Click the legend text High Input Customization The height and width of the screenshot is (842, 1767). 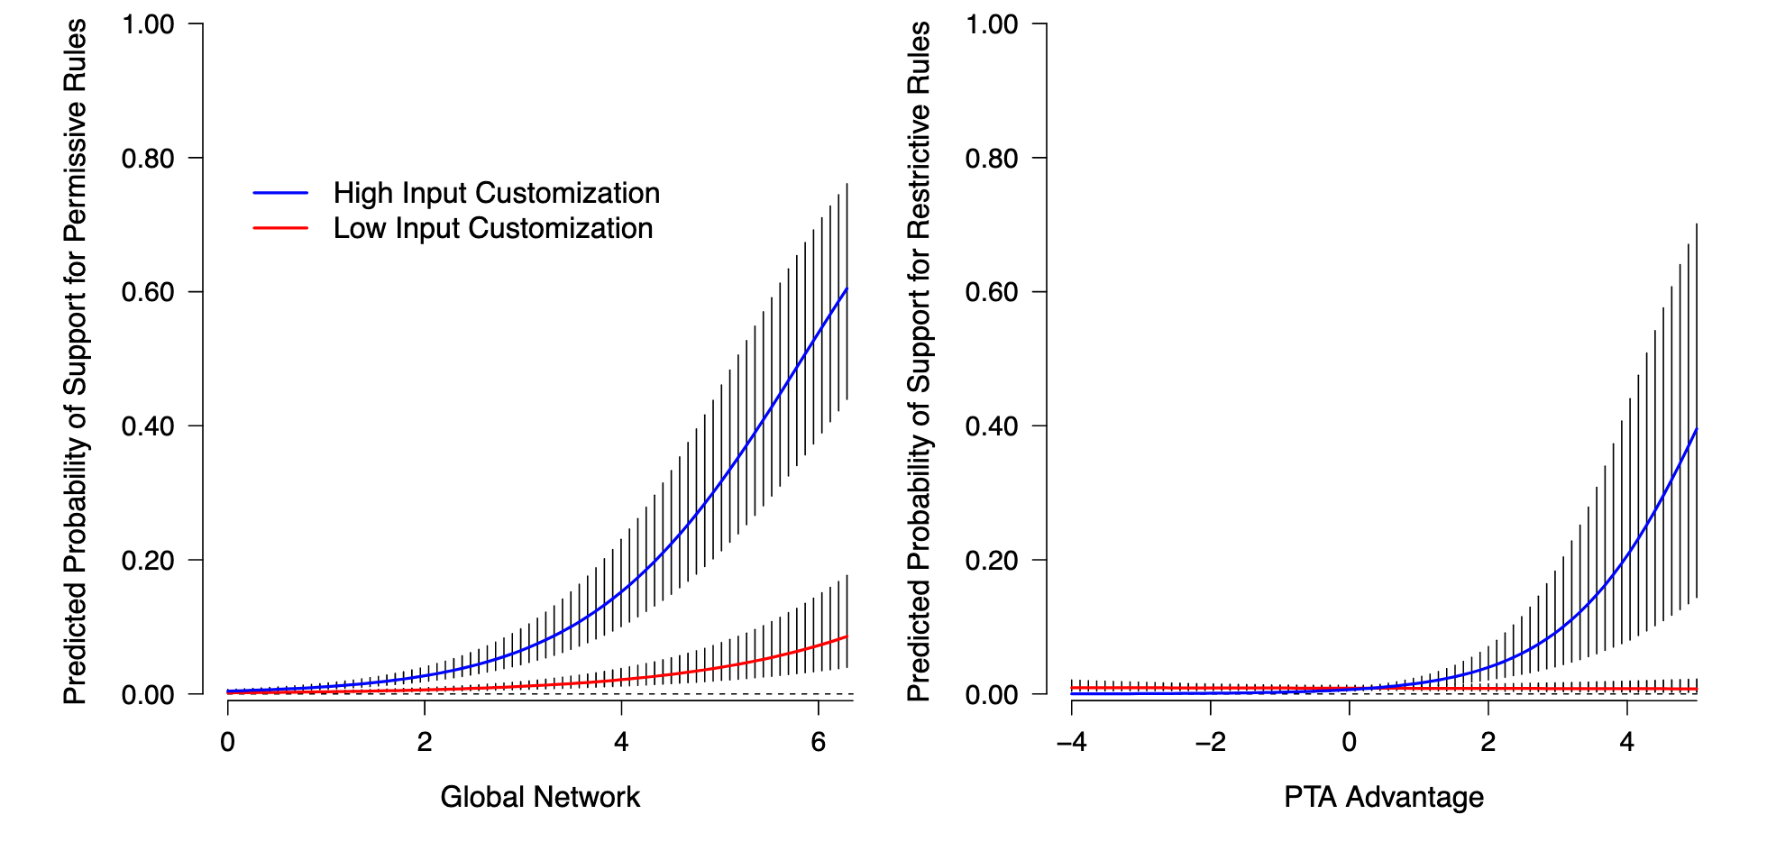click(x=496, y=193)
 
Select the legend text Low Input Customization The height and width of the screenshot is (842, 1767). click(x=492, y=228)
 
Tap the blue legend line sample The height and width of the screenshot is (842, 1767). click(x=280, y=193)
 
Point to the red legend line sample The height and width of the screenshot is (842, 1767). click(x=280, y=228)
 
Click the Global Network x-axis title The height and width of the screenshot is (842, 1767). click(x=540, y=797)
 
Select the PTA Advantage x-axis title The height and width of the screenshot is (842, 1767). click(x=1384, y=797)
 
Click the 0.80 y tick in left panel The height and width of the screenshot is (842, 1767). click(x=148, y=159)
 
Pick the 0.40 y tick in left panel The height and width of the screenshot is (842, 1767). click(x=148, y=426)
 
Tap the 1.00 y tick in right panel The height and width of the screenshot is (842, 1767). click(x=992, y=24)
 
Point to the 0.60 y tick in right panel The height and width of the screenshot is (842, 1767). click(x=992, y=292)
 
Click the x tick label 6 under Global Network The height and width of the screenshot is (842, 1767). click(x=818, y=742)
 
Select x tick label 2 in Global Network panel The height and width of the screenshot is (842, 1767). click(x=425, y=742)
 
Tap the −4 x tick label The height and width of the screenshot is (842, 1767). click(x=1071, y=742)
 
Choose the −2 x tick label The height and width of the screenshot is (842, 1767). click(x=1210, y=742)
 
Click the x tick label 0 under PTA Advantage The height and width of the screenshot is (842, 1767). click(x=1349, y=742)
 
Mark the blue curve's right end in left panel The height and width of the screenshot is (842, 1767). click(x=847, y=288)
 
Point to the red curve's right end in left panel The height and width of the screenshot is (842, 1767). click(x=847, y=636)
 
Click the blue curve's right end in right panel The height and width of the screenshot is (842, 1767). click(x=1697, y=429)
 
